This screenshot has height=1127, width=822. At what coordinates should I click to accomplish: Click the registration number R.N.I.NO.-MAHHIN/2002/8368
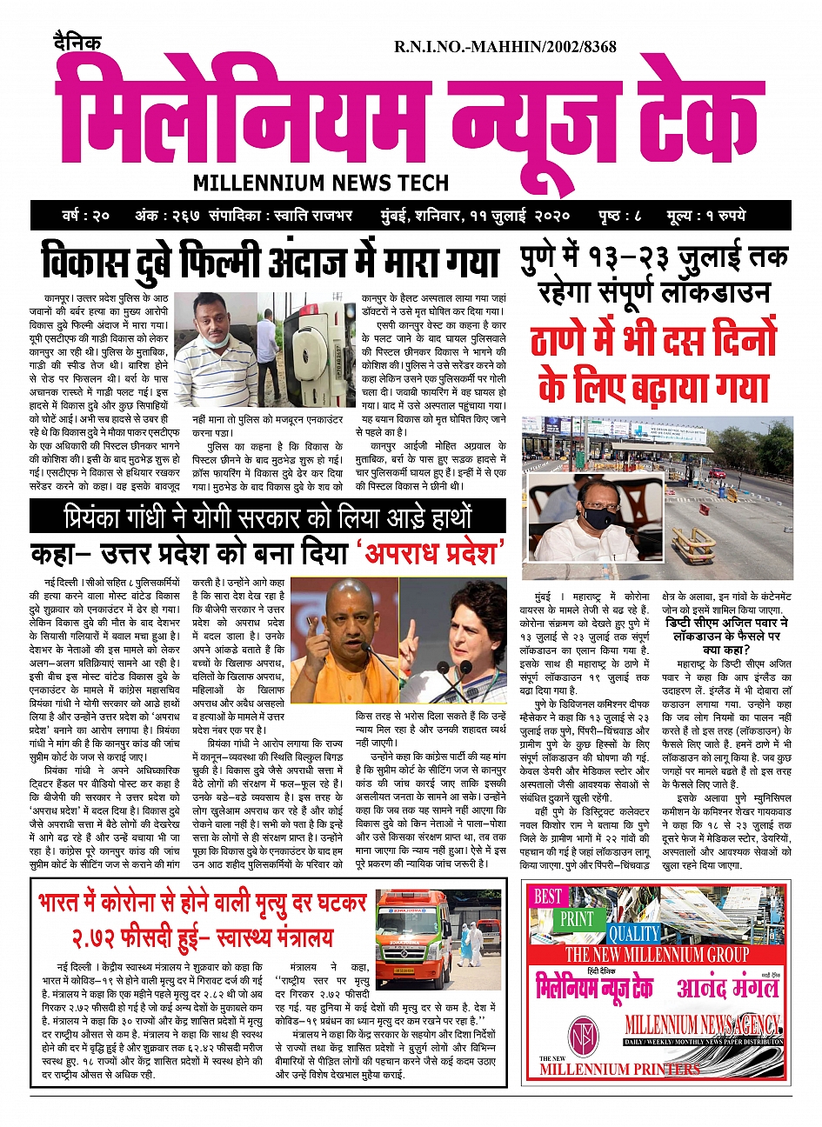(505, 46)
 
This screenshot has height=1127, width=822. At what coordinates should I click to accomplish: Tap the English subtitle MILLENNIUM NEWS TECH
(321, 183)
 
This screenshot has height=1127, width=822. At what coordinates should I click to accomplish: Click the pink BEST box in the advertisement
(549, 896)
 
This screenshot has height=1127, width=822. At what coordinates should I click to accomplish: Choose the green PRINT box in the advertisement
(577, 918)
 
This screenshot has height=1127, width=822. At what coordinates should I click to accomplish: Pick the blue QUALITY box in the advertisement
(634, 934)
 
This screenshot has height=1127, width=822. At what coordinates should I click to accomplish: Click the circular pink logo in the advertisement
(584, 1035)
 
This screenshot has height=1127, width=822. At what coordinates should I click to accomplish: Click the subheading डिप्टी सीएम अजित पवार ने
(727, 624)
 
